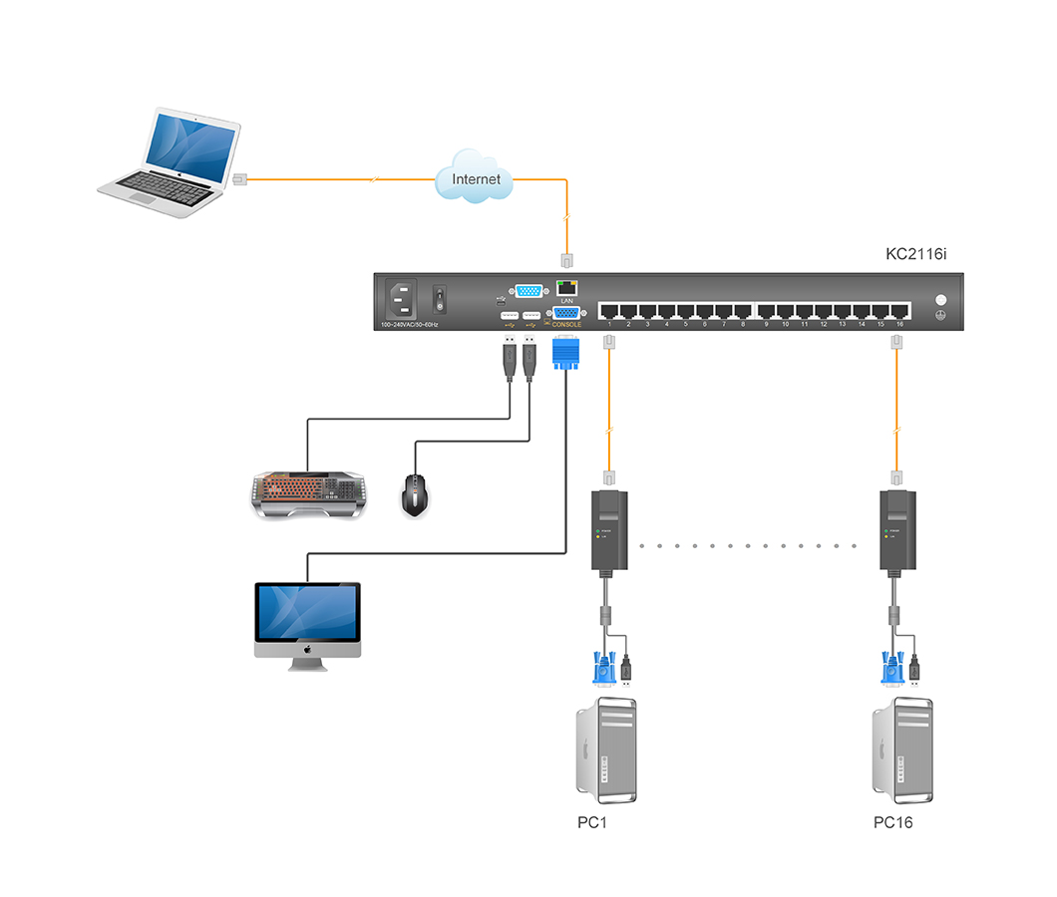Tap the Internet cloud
coord(477,178)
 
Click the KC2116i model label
coord(915,254)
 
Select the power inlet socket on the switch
coord(403,298)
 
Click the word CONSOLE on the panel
coord(566,325)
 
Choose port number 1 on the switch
coord(609,310)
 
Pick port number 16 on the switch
coord(899,310)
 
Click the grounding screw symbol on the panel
coord(938,315)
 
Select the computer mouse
coord(416,493)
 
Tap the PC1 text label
coord(592,823)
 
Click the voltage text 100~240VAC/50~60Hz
coord(410,325)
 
